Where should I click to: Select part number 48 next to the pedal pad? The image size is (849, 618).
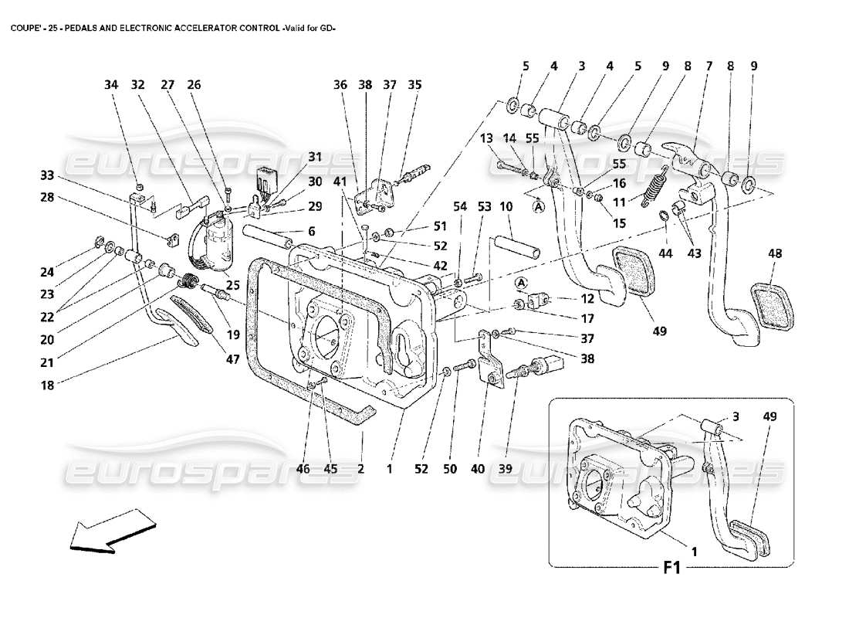[x=776, y=253]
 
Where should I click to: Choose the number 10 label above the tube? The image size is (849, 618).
[x=506, y=206]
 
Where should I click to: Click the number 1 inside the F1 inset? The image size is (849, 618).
[x=695, y=552]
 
